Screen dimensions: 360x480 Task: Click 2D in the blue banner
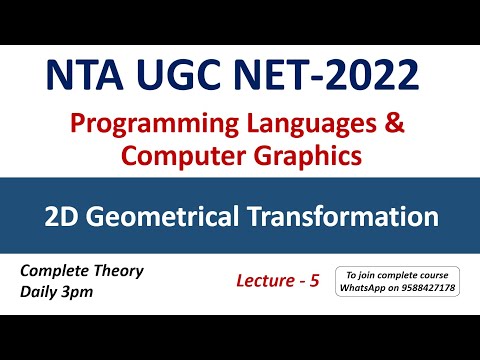(57, 216)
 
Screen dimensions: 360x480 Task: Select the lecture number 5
(314, 282)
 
